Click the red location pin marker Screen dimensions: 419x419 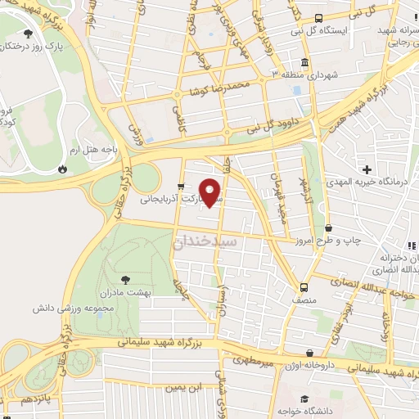coord(211,192)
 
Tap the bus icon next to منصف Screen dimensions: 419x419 coord(304,287)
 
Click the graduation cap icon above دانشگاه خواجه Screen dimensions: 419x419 coord(304,399)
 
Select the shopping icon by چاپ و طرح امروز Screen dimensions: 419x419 coord(328,228)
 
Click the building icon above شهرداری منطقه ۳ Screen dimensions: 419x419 coord(304,63)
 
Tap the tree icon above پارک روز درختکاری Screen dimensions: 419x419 coord(29,34)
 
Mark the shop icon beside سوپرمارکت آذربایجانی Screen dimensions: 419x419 coord(182,187)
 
